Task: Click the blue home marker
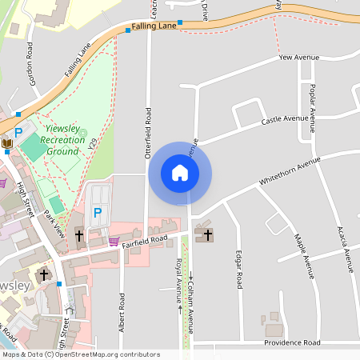click(180, 173)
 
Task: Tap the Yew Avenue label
click(298, 58)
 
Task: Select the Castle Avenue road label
click(285, 120)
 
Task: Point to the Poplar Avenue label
click(313, 109)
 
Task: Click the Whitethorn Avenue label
click(289, 171)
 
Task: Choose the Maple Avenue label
click(304, 255)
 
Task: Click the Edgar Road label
click(238, 269)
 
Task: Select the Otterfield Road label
click(148, 134)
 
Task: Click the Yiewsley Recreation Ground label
click(65, 139)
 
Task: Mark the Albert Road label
click(122, 312)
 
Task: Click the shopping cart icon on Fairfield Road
click(114, 240)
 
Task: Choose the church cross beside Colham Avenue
click(208, 235)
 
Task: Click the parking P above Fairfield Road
click(98, 213)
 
